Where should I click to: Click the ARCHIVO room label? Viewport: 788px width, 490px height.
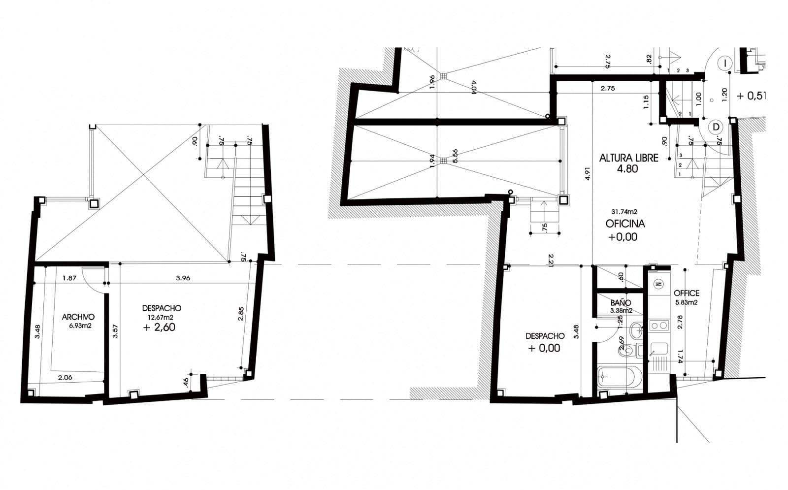(78, 317)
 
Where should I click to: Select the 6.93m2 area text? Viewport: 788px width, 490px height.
(80, 326)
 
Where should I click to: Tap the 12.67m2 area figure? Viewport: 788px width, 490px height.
(161, 317)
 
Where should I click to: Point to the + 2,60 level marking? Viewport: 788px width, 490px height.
(159, 327)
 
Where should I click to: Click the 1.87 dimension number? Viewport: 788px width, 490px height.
(69, 278)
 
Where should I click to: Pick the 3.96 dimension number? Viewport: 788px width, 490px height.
(183, 278)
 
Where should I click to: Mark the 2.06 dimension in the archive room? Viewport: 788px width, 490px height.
(65, 377)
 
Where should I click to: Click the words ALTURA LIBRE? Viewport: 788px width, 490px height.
(628, 158)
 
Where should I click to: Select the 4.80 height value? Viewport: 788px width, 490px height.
(627, 169)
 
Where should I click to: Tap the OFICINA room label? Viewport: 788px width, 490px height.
(625, 224)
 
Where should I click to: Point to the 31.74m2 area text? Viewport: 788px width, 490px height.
(624, 212)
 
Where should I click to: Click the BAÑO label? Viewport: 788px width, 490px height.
(621, 303)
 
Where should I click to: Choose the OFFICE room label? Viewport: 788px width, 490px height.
(687, 293)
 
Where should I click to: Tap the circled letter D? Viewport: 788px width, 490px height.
(716, 127)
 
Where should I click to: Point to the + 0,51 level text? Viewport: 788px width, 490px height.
(751, 96)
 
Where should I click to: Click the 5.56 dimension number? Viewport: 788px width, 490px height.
(455, 157)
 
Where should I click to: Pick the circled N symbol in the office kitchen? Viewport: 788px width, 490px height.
(658, 284)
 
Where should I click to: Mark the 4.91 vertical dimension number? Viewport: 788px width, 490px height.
(587, 174)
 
